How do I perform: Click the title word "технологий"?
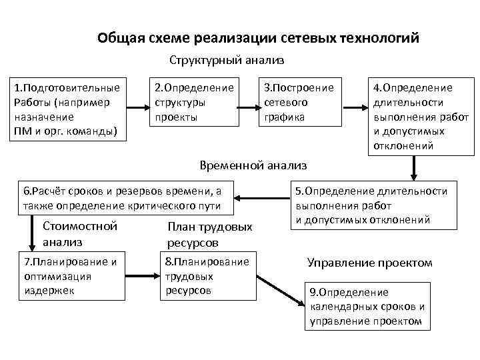[x=381, y=37]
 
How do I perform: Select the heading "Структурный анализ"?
[x=227, y=61]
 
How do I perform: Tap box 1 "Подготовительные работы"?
[x=67, y=109]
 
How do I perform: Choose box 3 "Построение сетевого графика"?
[x=299, y=103]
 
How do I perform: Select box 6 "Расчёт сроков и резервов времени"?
[x=127, y=198]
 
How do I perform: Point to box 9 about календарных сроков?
[x=367, y=306]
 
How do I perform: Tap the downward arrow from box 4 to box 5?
[x=415, y=168]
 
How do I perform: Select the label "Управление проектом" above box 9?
[x=369, y=263]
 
